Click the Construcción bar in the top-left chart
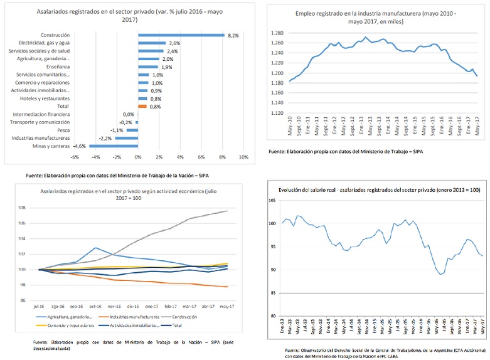coord(181,35)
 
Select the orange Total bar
coord(142,107)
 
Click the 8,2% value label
coord(233,35)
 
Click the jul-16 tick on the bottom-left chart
coord(40,306)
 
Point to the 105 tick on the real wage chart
coord(272,200)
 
